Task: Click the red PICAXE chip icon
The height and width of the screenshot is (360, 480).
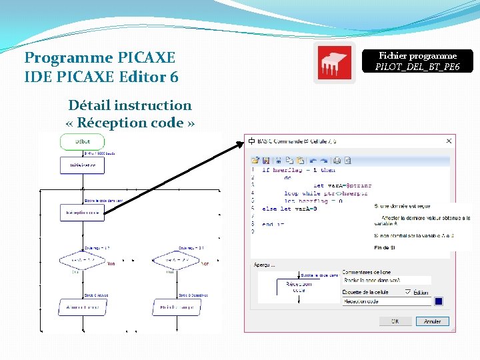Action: pos(335,64)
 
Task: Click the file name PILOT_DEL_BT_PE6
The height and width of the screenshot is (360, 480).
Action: pos(417,67)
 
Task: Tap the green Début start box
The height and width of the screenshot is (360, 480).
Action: pos(82,142)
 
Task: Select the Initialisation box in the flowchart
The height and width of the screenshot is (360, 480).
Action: pos(82,165)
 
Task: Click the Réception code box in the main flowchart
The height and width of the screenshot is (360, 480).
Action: pos(82,213)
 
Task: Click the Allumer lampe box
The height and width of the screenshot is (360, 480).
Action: pos(82,307)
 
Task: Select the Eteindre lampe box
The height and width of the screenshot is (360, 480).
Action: pos(175,307)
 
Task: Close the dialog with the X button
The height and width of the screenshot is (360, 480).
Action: pos(449,141)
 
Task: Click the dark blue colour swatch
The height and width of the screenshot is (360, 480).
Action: pos(439,301)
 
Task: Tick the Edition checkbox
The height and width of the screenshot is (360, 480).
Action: pos(408,292)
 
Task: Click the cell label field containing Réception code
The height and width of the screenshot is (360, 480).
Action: pos(387,302)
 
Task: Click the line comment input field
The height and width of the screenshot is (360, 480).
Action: pos(387,281)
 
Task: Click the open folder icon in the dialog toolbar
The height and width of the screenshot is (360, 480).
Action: pos(255,160)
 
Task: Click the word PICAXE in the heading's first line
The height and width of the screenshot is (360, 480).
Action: pos(145,58)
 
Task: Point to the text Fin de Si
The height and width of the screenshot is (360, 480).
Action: pos(386,248)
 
